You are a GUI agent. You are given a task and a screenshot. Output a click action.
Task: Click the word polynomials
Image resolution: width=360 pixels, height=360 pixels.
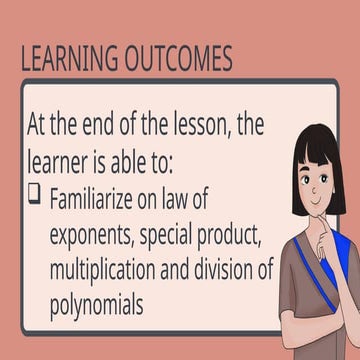pos(100,303)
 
